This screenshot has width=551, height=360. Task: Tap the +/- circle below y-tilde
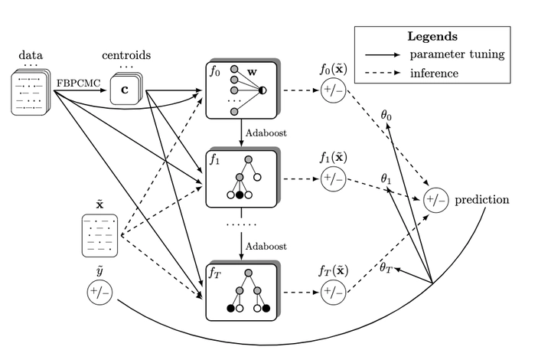(x=99, y=293)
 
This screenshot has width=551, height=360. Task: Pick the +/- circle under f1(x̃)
(x=334, y=180)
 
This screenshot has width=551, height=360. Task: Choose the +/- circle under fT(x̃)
(x=334, y=292)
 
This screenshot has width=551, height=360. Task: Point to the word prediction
(x=481, y=201)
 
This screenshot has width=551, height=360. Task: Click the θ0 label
(x=386, y=115)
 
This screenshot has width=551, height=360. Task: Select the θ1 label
(x=387, y=178)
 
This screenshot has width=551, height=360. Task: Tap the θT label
(x=388, y=268)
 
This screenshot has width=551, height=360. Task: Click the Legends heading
(x=432, y=36)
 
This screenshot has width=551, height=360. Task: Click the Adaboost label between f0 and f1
(x=267, y=133)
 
